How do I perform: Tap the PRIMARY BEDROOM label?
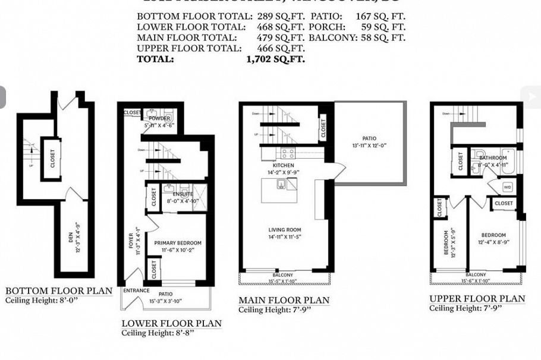(x=178, y=243)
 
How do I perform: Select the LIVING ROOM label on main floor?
(x=285, y=230)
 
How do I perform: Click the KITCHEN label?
(x=284, y=165)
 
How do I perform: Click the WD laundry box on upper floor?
(x=507, y=187)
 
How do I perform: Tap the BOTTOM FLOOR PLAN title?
(x=59, y=290)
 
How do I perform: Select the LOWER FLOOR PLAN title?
(x=171, y=324)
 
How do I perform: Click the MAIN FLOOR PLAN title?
(x=284, y=300)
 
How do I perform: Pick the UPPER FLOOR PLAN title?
(x=477, y=298)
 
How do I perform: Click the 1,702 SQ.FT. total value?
(x=275, y=59)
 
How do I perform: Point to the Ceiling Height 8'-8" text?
(x=158, y=333)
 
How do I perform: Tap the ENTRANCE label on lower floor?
(x=136, y=291)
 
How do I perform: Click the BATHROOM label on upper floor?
(x=493, y=158)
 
